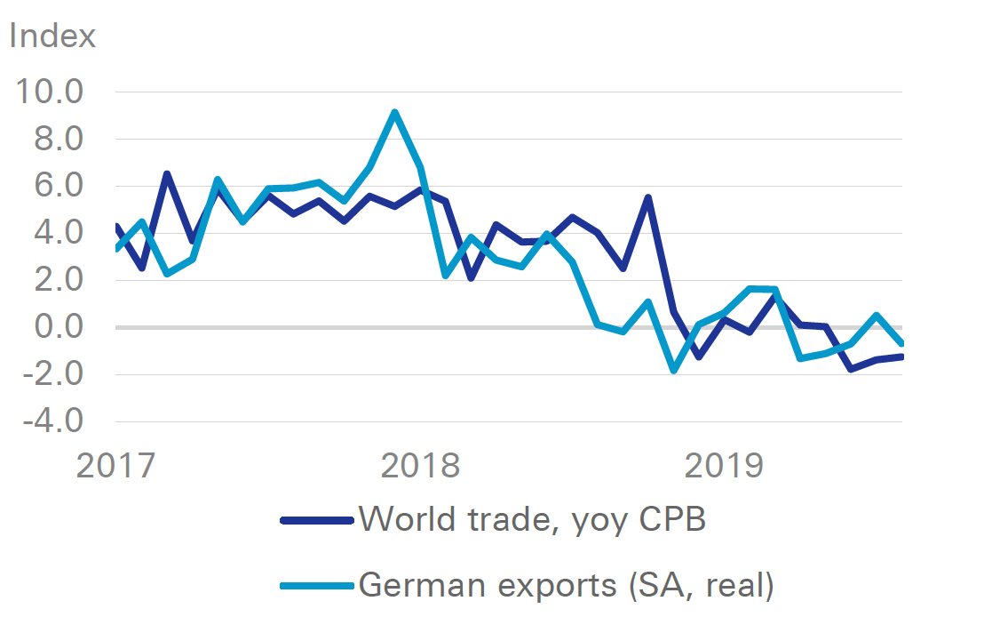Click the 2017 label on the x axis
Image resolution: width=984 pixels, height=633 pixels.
coord(115,465)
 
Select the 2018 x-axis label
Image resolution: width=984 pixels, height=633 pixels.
coord(421,465)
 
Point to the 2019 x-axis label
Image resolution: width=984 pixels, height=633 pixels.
coord(725,465)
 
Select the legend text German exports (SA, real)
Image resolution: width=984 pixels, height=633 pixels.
coord(566,585)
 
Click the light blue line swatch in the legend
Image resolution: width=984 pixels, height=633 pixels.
coord(316,586)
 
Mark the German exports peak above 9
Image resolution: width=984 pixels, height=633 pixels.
coord(394,112)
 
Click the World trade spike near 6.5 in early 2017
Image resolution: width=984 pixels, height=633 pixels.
coord(166,174)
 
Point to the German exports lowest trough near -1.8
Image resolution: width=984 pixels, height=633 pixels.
coord(673,370)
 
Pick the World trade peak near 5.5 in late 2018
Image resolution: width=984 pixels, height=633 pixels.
coord(648,197)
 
